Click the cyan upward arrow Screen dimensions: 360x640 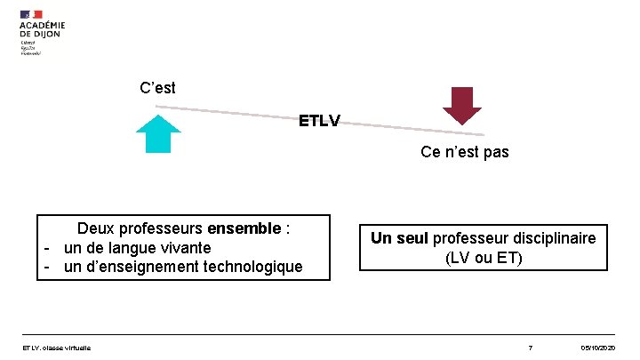(x=158, y=134)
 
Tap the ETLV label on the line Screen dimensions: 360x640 (x=319, y=120)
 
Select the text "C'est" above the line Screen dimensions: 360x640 (x=158, y=88)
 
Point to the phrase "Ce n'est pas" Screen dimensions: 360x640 (x=465, y=152)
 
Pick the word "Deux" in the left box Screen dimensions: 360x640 (x=95, y=228)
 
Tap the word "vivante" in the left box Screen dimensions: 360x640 (x=181, y=247)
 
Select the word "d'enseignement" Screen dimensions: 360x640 (x=143, y=266)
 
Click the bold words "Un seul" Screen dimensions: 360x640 (x=397, y=238)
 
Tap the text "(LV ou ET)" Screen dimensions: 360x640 (x=484, y=258)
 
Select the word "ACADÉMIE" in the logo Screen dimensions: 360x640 (x=43, y=25)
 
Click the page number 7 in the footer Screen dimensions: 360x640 (x=530, y=346)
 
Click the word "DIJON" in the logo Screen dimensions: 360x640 (x=52, y=34)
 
